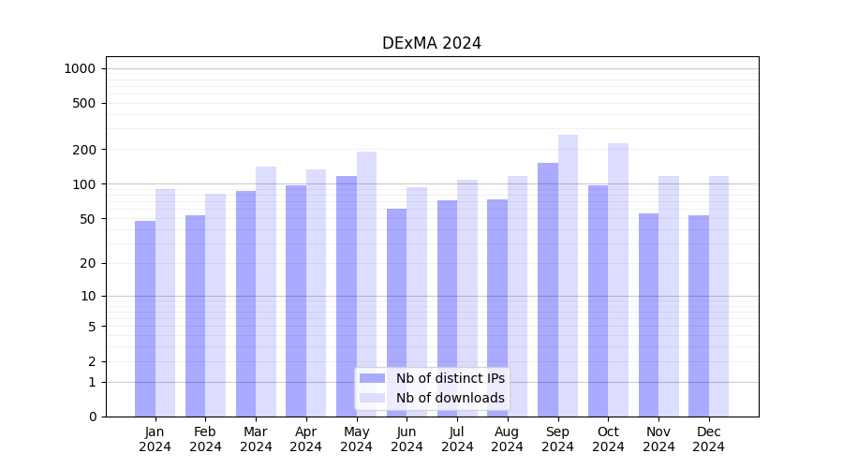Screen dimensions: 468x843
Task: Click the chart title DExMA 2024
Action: coord(432,43)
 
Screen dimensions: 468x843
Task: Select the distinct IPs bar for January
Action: coord(145,318)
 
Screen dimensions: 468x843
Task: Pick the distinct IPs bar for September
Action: coord(548,289)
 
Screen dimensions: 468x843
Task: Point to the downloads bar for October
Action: coord(618,280)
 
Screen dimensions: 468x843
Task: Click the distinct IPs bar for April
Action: coord(296,300)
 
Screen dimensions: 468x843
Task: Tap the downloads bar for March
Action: coord(266,291)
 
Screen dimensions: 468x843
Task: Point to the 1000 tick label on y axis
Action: coord(80,68)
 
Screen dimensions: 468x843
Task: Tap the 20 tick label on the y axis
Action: coord(88,263)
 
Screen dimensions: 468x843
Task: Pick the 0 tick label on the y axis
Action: coord(92,417)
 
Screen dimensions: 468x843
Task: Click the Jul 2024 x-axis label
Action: coord(457,439)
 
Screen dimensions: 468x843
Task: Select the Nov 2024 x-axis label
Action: coord(658,439)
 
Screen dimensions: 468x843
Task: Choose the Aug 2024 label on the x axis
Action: coord(508,439)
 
